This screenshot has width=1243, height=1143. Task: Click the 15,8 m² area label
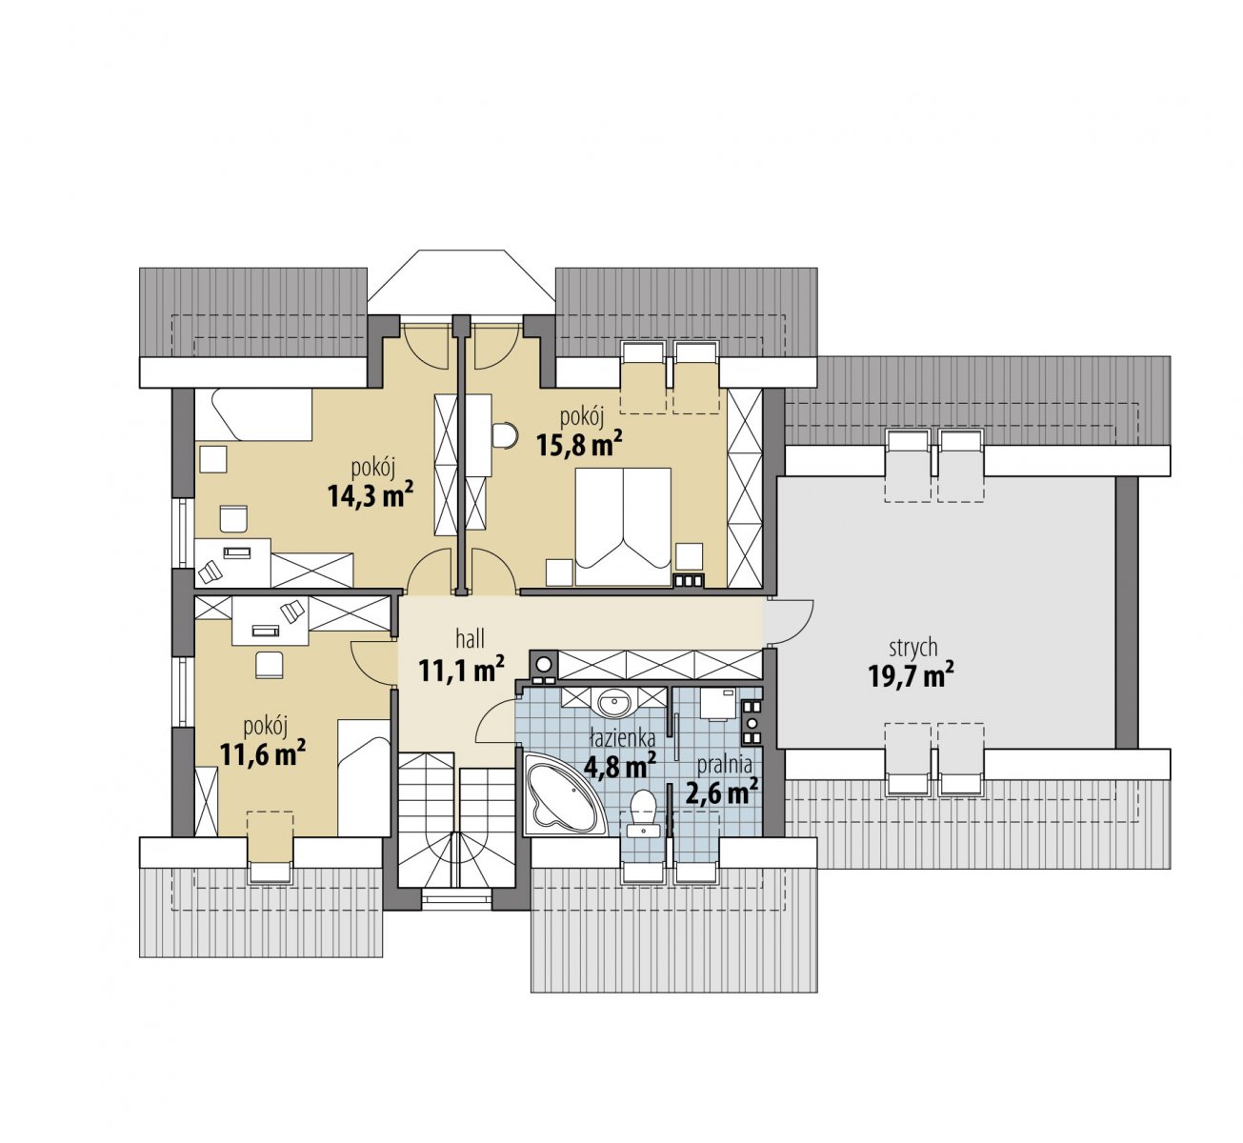click(579, 445)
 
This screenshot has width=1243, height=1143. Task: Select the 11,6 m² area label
click(262, 753)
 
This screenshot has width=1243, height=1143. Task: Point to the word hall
click(470, 638)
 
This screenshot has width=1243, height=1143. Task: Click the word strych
click(912, 649)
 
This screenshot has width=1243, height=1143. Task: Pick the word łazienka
click(622, 738)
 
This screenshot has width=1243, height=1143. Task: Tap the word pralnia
click(724, 766)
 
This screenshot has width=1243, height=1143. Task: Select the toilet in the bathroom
click(643, 813)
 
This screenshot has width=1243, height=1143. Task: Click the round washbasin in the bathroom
click(616, 702)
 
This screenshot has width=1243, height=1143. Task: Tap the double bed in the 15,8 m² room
click(623, 526)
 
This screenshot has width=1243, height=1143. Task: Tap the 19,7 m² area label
click(911, 674)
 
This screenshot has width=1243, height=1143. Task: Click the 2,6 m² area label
click(721, 792)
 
